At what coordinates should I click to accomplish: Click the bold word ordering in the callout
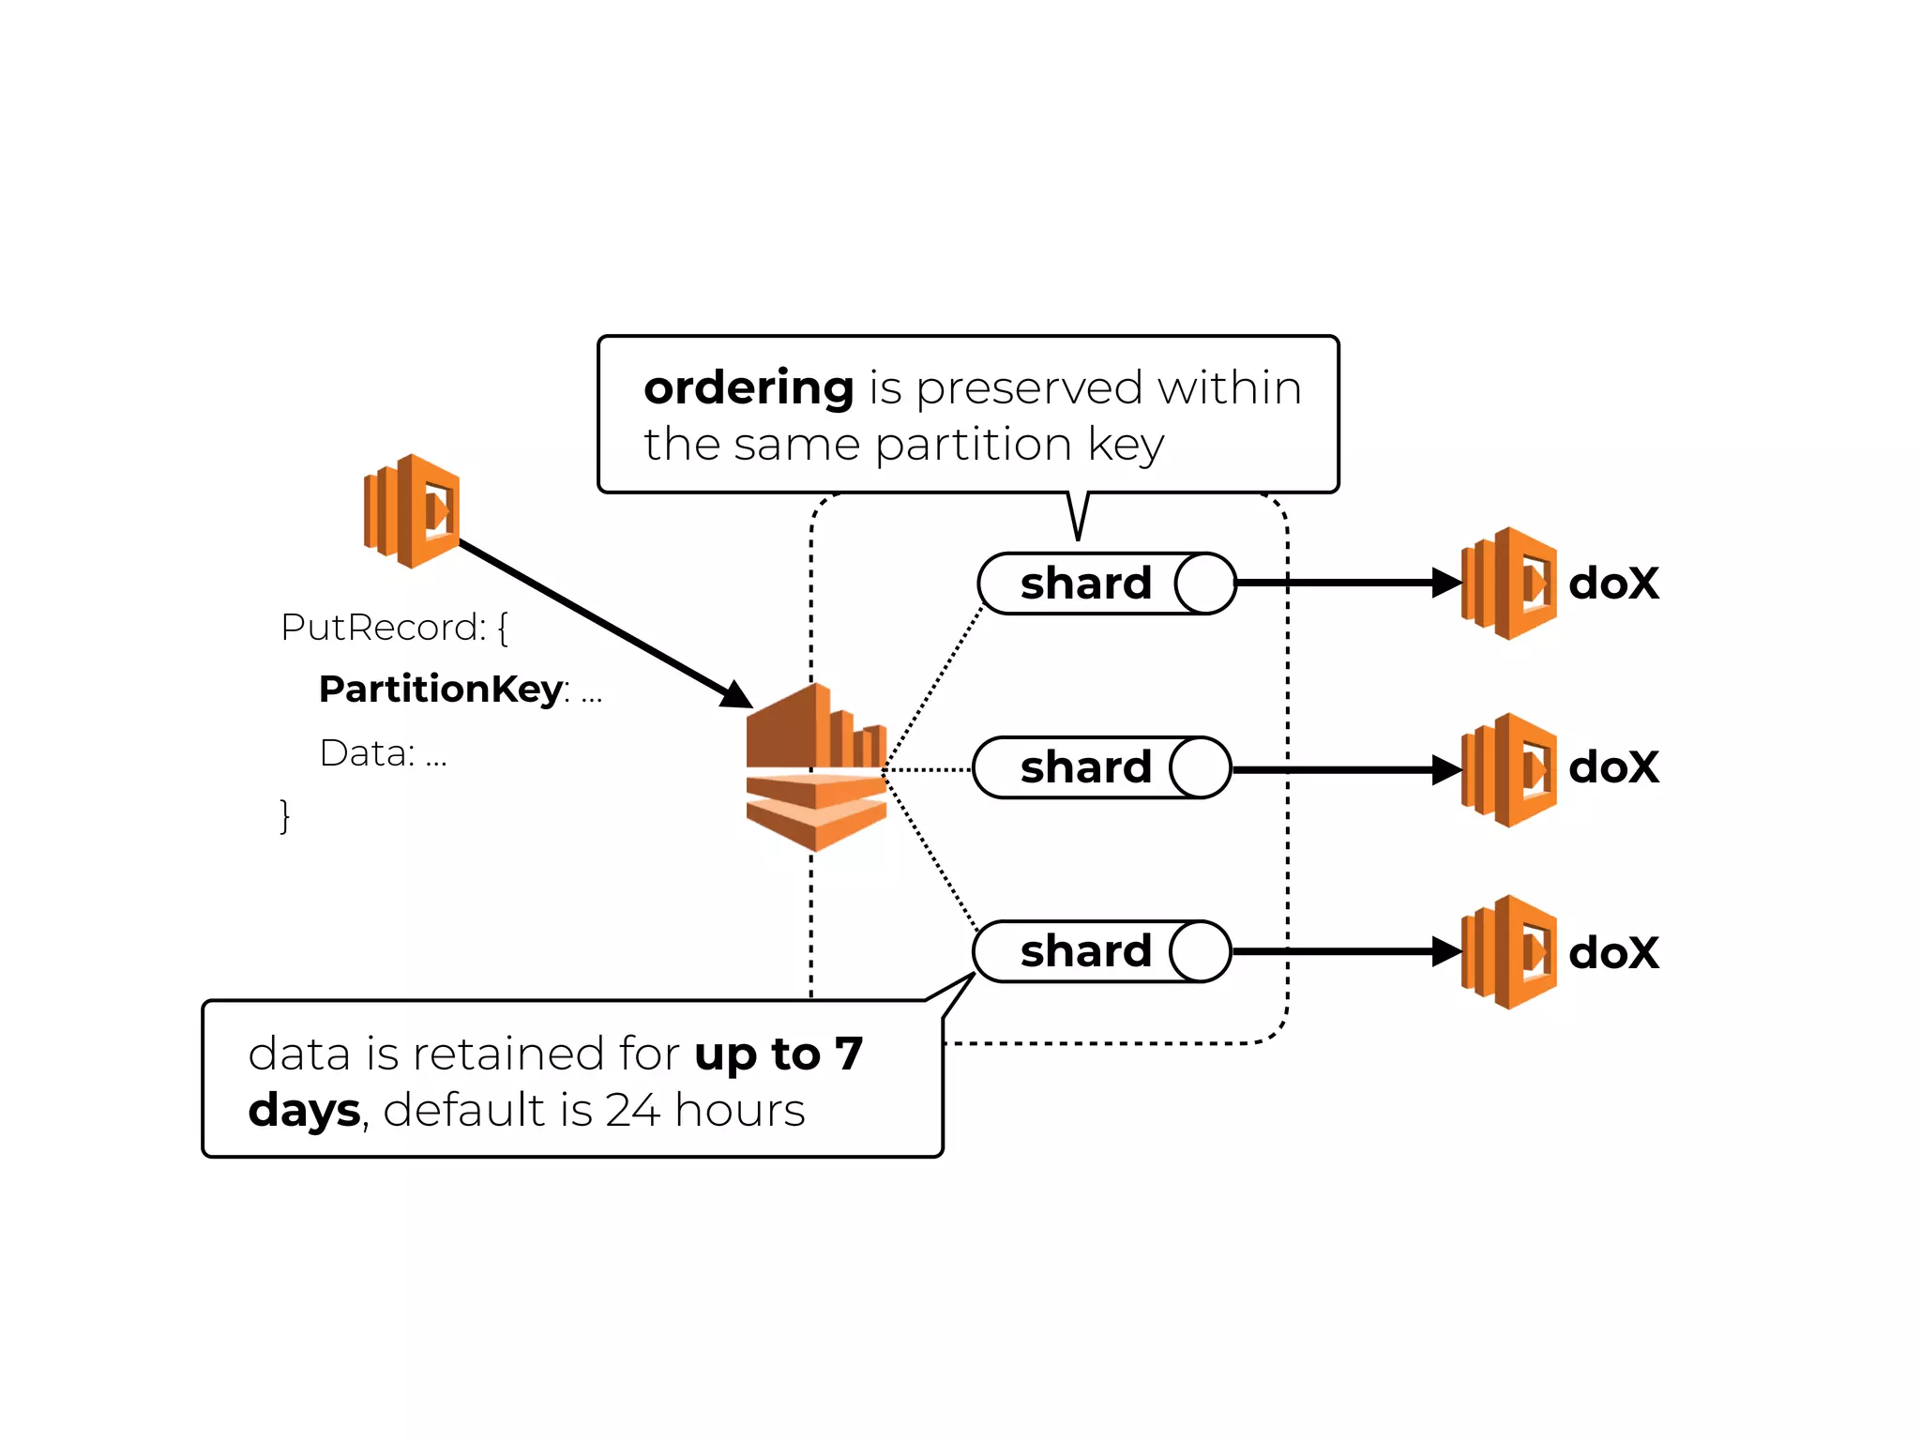(x=749, y=388)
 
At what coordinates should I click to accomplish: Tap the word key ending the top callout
(x=1126, y=445)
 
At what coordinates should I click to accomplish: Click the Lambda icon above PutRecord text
(x=412, y=510)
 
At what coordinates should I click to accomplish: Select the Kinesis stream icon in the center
(x=816, y=766)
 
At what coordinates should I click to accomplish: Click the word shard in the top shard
(x=1085, y=584)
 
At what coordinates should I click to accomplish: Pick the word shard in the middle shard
(x=1085, y=767)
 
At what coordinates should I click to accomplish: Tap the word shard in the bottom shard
(x=1085, y=951)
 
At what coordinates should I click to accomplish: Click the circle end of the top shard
(x=1205, y=584)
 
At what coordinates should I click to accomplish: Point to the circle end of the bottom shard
(x=1201, y=951)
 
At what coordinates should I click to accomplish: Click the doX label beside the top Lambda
(x=1613, y=584)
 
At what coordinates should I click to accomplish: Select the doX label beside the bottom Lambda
(x=1613, y=953)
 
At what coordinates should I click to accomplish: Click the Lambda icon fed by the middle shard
(x=1509, y=769)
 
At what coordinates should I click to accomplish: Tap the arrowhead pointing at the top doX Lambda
(x=1447, y=583)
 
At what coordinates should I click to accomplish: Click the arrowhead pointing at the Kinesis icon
(x=735, y=694)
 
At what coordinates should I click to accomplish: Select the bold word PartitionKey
(x=441, y=690)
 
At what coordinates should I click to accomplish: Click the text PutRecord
(x=382, y=628)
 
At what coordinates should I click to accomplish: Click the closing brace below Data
(x=285, y=815)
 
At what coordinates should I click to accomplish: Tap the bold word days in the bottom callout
(x=304, y=1111)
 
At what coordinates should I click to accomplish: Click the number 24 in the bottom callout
(x=632, y=1111)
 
